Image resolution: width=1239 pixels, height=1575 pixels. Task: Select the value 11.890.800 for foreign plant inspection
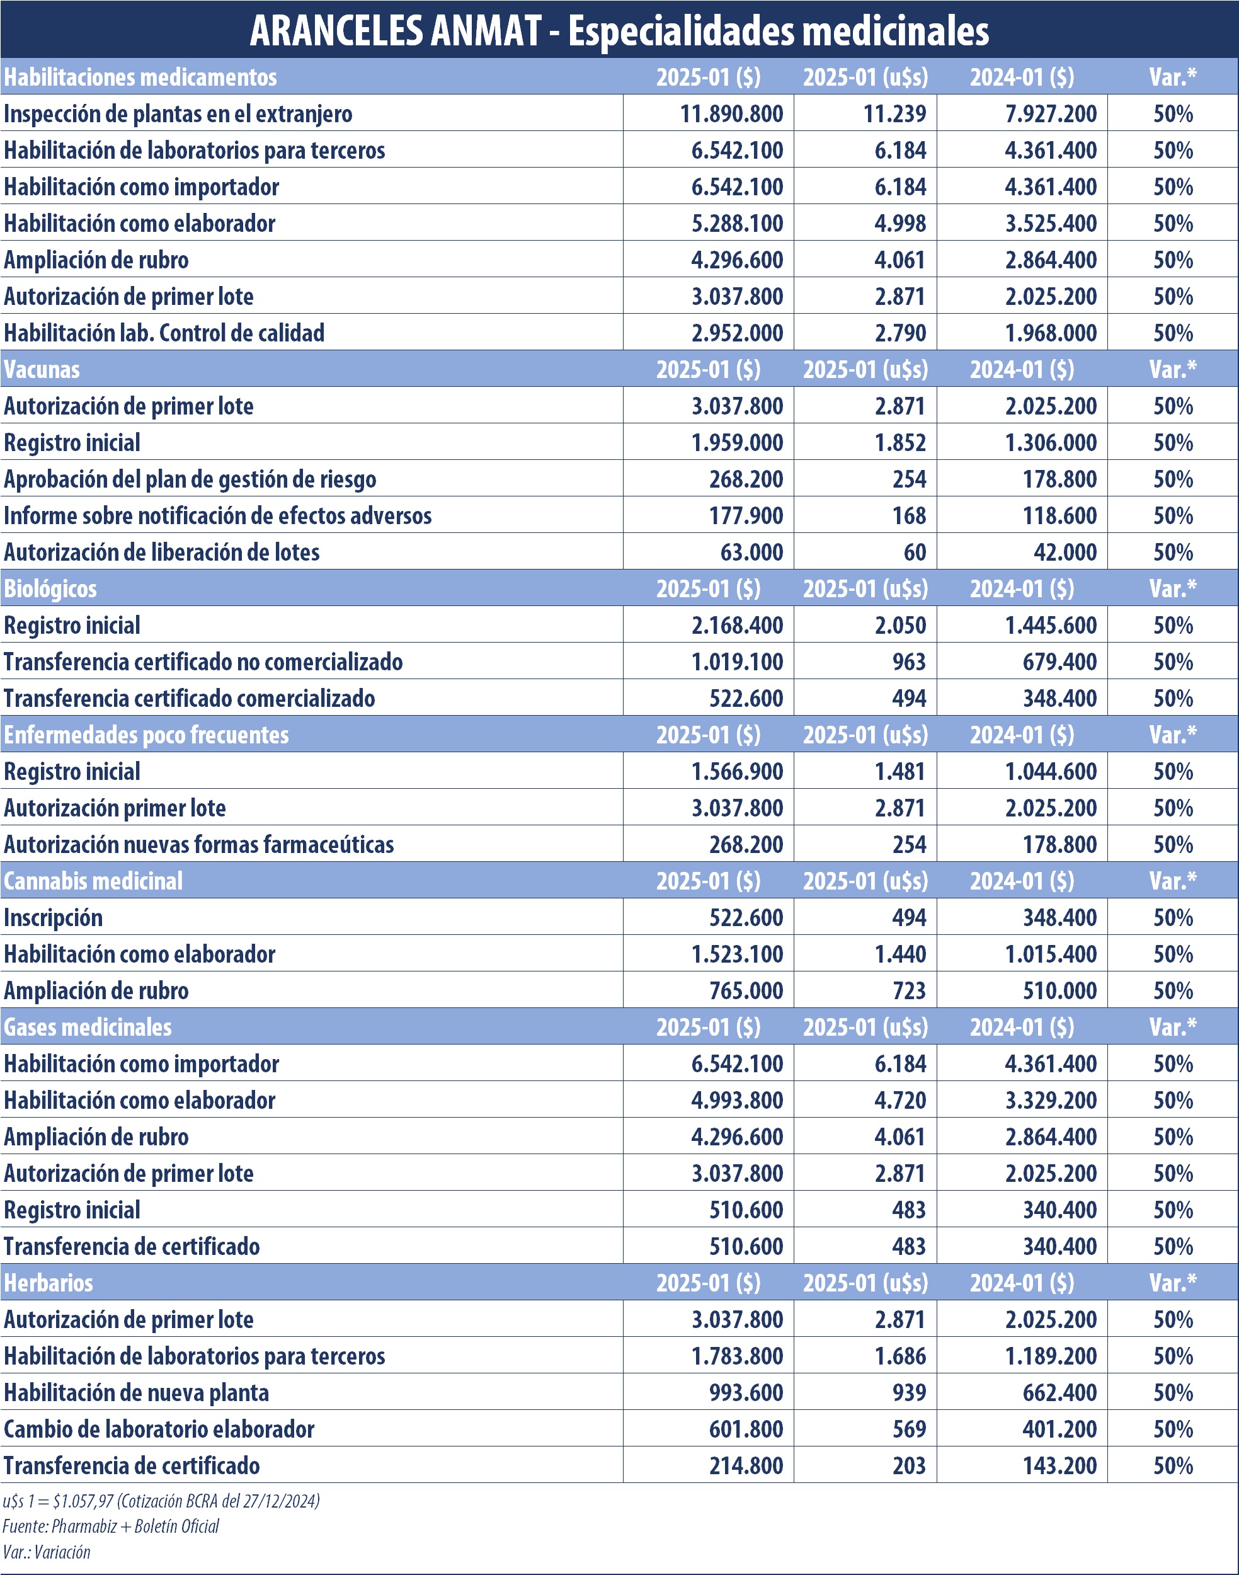pos(731,114)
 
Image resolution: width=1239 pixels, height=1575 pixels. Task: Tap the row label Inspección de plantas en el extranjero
pos(178,114)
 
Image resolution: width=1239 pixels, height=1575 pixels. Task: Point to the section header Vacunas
pos(42,369)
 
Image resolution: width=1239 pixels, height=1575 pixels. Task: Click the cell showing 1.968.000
pos(1051,333)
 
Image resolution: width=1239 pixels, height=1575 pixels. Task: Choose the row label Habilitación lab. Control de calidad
pos(164,333)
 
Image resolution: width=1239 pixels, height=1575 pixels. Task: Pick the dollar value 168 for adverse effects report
pos(909,516)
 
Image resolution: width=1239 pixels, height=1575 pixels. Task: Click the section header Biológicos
pos(50,588)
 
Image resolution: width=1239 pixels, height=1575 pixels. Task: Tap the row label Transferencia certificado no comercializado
pos(203,661)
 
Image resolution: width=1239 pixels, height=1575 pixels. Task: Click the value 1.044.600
pos(1051,771)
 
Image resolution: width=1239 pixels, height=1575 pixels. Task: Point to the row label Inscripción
pos(53,918)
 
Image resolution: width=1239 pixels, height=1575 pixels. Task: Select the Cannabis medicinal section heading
pos(93,881)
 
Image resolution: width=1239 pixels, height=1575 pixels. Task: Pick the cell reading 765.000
pos(746,990)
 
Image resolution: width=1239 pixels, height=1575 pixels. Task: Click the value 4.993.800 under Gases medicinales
pos(737,1100)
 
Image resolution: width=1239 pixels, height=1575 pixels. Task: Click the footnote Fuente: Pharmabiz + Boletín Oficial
pos(110,1526)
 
